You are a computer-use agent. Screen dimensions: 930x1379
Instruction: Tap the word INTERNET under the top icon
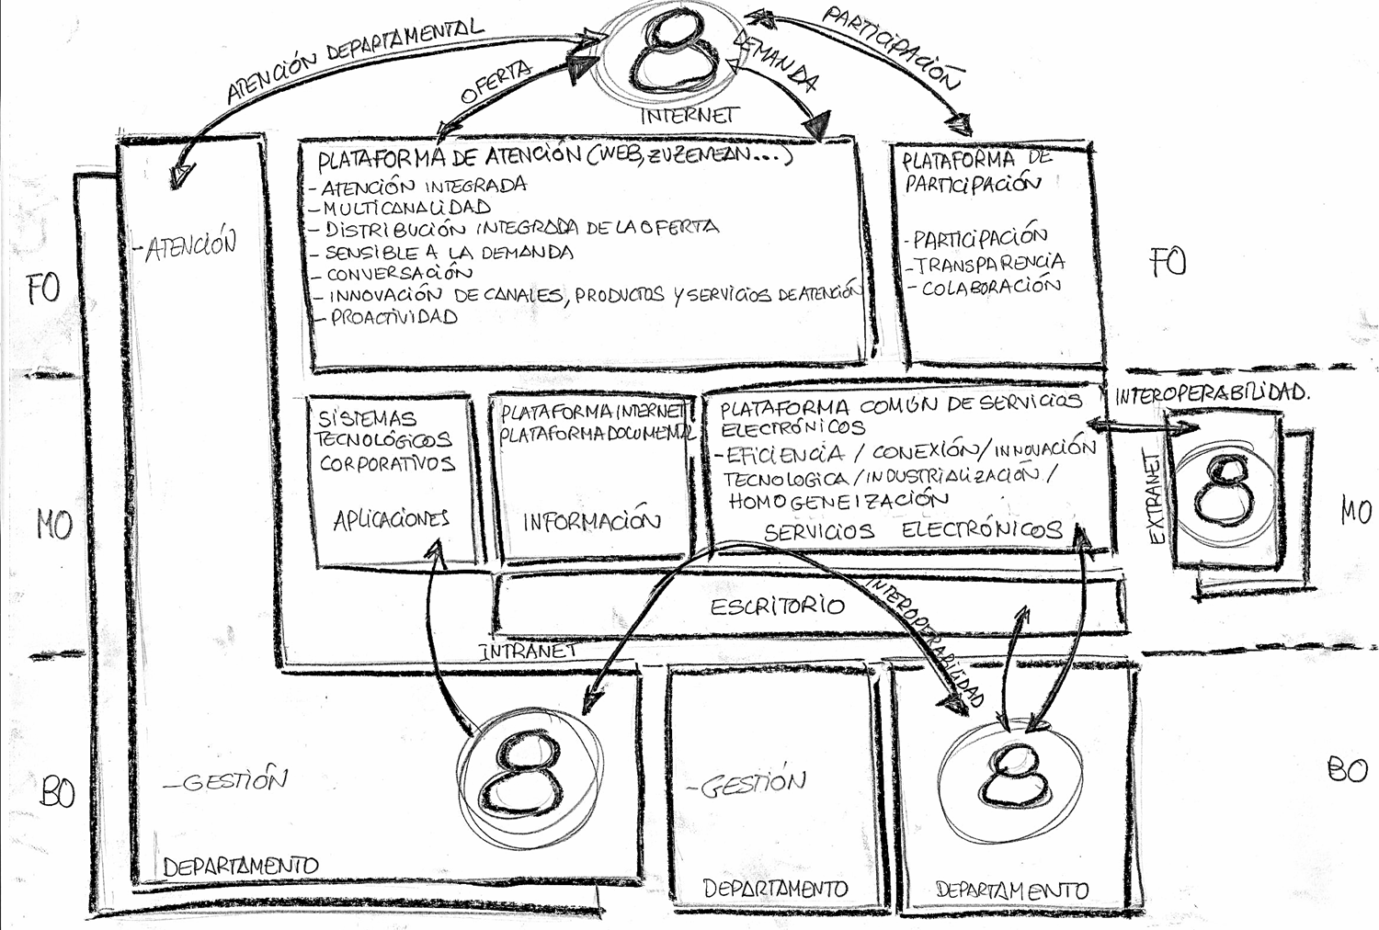point(689,116)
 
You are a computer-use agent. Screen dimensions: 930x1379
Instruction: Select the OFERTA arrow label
point(496,82)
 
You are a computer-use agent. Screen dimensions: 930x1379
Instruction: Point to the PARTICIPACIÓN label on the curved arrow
point(892,46)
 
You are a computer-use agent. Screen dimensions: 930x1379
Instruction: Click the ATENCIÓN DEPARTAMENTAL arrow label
point(354,60)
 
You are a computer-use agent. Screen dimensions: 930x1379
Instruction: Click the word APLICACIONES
point(391,520)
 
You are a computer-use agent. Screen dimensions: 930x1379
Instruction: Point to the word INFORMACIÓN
point(591,522)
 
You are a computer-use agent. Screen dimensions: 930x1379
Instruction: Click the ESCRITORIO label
point(777,607)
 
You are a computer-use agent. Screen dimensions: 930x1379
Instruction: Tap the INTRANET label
point(528,651)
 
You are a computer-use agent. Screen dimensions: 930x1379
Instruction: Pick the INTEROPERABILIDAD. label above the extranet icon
point(1212,393)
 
